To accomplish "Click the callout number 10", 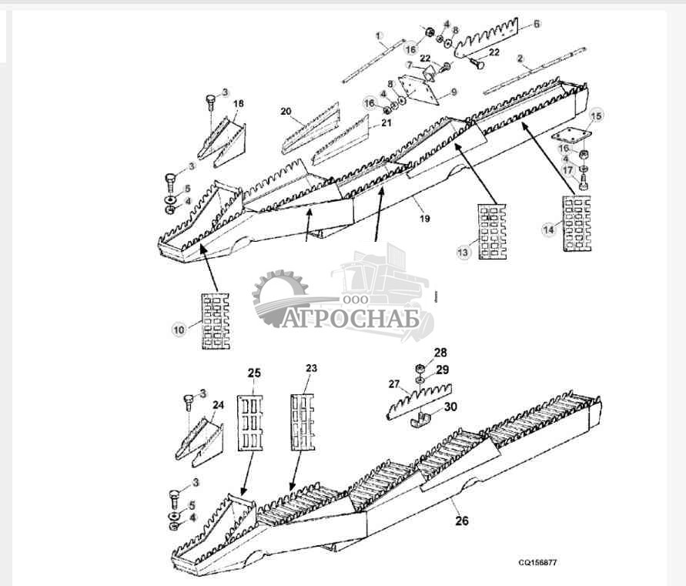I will coord(179,330).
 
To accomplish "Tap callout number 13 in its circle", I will coord(462,253).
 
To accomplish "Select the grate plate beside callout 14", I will coord(577,224).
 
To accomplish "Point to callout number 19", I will coord(425,219).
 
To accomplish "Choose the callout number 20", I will coord(286,112).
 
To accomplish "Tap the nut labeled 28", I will coord(420,367).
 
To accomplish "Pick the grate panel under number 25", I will coord(248,424).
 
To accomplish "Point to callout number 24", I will coord(219,405).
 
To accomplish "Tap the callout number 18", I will coord(239,103).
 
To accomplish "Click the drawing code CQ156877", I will coord(537,563).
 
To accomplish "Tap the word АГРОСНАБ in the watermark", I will coord(351,318).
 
